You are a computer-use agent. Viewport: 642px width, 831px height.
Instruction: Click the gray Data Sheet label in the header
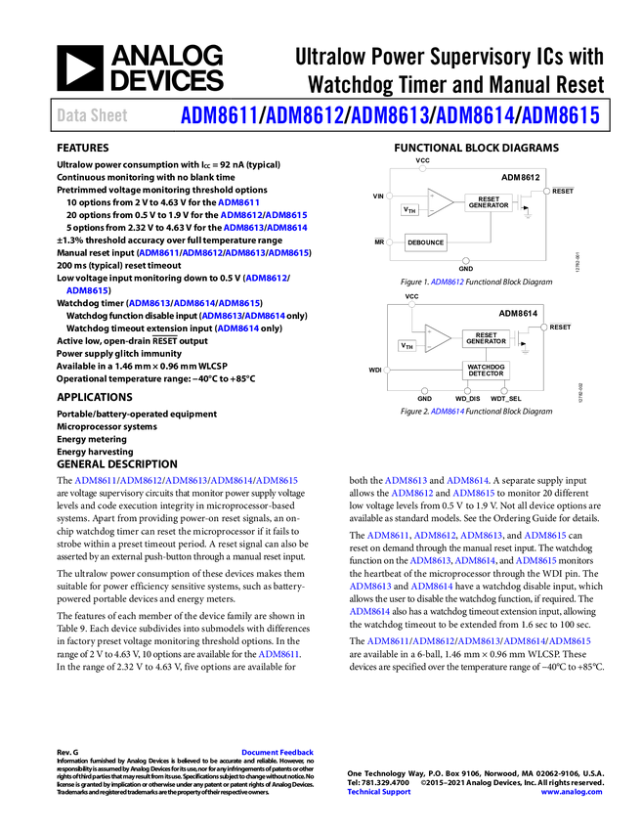[93, 115]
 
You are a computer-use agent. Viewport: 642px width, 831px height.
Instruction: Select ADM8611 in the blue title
[217, 115]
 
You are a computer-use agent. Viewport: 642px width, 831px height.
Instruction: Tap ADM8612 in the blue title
[304, 115]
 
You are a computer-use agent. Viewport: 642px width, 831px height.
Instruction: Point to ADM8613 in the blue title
[390, 115]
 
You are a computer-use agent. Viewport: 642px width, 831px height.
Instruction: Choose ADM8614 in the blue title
[475, 115]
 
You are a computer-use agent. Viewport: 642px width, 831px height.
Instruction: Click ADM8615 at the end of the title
[560, 115]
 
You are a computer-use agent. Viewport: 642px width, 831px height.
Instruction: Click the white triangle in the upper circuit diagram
[440, 202]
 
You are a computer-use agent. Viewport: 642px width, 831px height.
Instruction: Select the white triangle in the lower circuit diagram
[438, 337]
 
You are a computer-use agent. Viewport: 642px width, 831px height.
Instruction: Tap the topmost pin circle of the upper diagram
[422, 169]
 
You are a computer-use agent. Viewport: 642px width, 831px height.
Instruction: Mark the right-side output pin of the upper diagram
[545, 192]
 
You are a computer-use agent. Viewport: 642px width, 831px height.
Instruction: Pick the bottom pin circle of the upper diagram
[465, 260]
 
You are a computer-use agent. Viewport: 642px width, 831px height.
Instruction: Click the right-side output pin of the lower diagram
[543, 328]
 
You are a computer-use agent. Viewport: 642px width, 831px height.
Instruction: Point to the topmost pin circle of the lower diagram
[411, 305]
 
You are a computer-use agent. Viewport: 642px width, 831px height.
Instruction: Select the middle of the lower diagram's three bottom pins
[467, 391]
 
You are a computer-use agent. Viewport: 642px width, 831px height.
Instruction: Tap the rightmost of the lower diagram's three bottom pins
[504, 390]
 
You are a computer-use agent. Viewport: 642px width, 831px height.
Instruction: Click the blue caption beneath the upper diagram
[447, 282]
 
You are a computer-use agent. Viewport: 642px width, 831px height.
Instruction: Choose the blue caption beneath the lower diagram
[447, 412]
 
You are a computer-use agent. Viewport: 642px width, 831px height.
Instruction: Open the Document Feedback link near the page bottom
[278, 752]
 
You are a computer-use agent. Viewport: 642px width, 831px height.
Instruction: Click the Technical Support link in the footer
[379, 792]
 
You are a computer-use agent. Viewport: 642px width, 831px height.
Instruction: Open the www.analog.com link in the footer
[572, 792]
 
